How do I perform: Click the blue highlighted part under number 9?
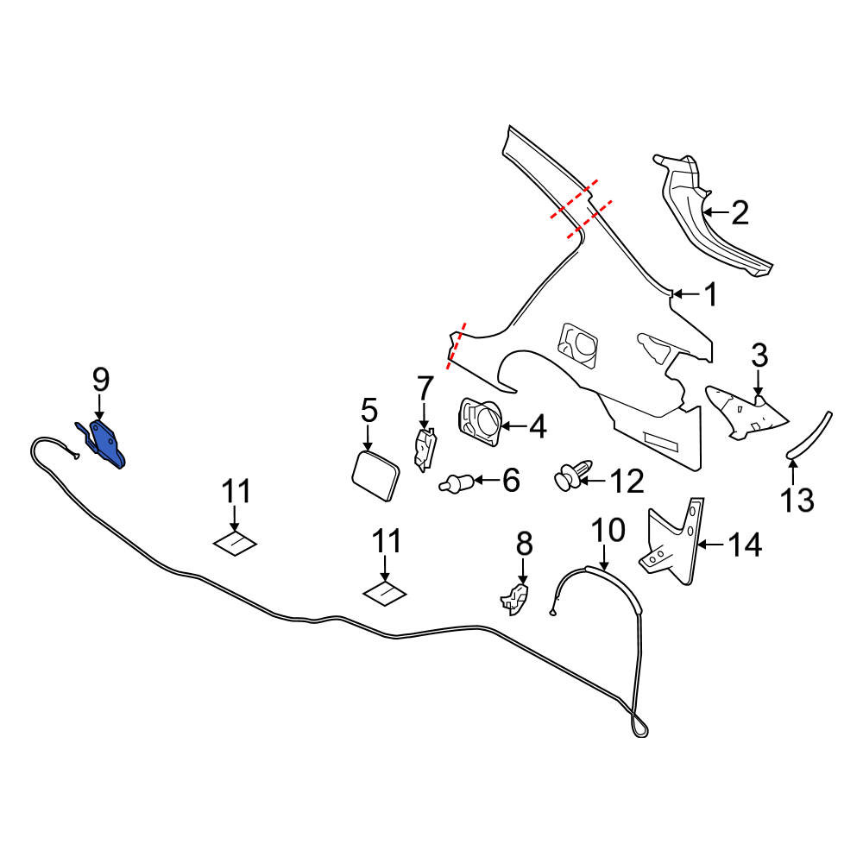click(x=107, y=444)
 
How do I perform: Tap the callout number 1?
click(x=712, y=294)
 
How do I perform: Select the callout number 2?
click(x=740, y=212)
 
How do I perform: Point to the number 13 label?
click(x=797, y=501)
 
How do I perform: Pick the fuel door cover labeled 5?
click(x=376, y=476)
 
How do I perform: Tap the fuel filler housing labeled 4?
click(x=479, y=422)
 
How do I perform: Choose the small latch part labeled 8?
click(x=515, y=599)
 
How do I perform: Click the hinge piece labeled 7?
click(x=425, y=450)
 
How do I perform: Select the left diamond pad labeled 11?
click(x=236, y=544)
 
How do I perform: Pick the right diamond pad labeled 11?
click(x=384, y=594)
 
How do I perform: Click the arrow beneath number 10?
click(x=604, y=557)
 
